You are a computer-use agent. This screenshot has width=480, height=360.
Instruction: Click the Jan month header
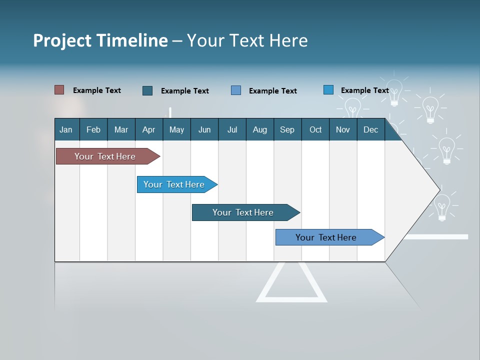[66, 129]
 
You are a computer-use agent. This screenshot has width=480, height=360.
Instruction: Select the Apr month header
[149, 129]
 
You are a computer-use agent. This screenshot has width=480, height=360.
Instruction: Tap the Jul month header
[232, 129]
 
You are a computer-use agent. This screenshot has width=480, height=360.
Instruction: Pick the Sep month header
[287, 129]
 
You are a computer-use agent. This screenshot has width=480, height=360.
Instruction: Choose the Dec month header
[370, 129]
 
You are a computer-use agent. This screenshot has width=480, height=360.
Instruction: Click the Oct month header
[315, 129]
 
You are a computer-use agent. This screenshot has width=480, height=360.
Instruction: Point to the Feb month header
[93, 129]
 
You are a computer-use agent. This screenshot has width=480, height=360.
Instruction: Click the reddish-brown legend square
[59, 90]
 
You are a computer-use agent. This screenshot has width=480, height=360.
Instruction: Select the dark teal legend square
[147, 90]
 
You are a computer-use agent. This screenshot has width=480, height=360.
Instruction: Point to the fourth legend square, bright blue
[328, 90]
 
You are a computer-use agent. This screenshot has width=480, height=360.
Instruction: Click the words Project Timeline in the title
[100, 40]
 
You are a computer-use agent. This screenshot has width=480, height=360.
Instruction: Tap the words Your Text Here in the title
[247, 40]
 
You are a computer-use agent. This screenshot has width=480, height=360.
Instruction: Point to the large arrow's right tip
[438, 189]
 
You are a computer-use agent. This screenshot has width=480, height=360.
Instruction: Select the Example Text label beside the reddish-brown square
[97, 90]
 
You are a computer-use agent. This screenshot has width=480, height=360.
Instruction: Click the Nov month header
[343, 129]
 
